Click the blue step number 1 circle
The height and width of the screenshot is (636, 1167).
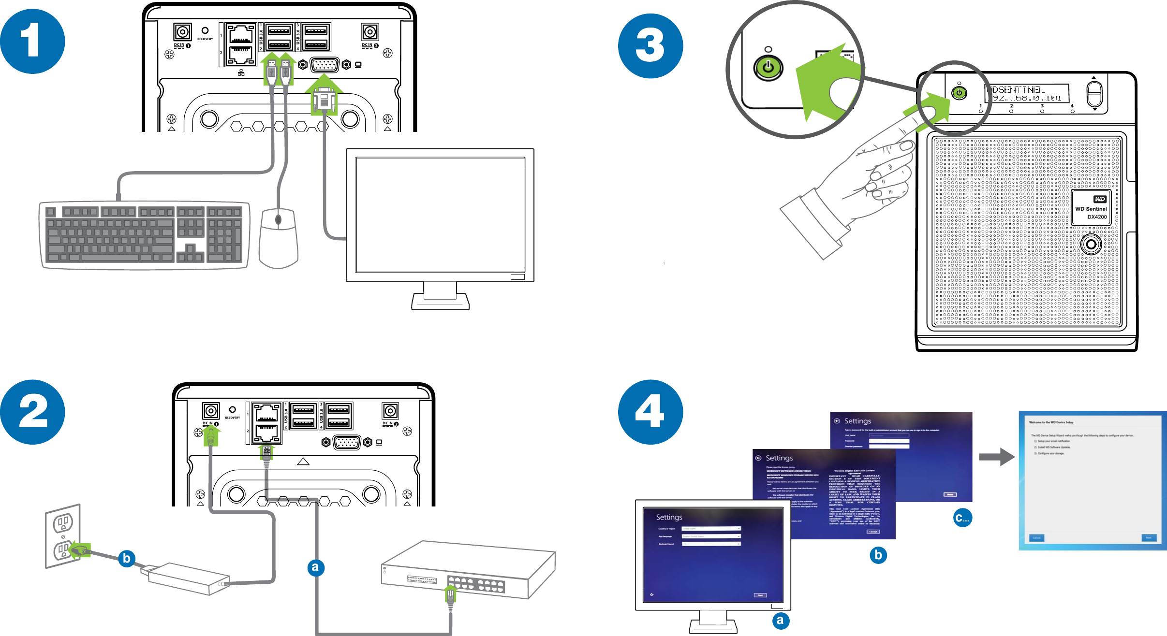pyautogui.click(x=32, y=42)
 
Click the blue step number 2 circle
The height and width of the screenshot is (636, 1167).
pyautogui.click(x=32, y=412)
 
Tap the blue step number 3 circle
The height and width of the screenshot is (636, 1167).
pyautogui.click(x=650, y=46)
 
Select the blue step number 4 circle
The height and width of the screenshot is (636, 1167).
pyautogui.click(x=650, y=412)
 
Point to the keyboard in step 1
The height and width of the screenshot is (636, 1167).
pyautogui.click(x=144, y=234)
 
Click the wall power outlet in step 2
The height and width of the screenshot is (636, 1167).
pyautogui.click(x=63, y=535)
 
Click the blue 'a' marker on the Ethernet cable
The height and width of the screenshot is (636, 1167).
pyautogui.click(x=316, y=567)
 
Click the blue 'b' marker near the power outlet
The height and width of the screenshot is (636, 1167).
pyautogui.click(x=126, y=558)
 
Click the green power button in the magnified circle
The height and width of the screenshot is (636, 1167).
pyautogui.click(x=768, y=68)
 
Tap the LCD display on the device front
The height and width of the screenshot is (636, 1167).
pyautogui.click(x=1026, y=93)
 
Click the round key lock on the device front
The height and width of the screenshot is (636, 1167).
pyautogui.click(x=1091, y=244)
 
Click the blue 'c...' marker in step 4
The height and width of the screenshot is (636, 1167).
pyautogui.click(x=962, y=518)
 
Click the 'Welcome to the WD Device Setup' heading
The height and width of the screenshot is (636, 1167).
pyautogui.click(x=1051, y=422)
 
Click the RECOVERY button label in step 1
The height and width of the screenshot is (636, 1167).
pyautogui.click(x=205, y=39)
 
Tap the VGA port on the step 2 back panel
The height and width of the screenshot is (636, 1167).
pyautogui.click(x=347, y=442)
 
